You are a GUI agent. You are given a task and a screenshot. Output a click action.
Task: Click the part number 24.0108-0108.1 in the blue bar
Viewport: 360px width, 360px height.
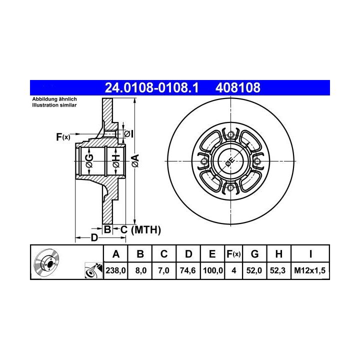pos(151,87)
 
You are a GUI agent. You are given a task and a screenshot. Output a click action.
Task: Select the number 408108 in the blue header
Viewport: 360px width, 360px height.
pos(238,87)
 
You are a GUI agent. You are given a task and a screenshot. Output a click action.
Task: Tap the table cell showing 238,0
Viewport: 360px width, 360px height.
pos(115,270)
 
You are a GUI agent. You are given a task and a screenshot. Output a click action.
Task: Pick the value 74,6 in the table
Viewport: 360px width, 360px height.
pos(188,270)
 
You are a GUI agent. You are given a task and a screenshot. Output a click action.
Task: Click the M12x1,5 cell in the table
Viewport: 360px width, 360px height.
pos(309,270)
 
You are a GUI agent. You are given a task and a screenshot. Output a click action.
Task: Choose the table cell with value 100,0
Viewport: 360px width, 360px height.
pos(212,270)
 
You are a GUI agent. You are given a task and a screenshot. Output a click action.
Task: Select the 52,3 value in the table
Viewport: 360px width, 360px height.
pos(277,270)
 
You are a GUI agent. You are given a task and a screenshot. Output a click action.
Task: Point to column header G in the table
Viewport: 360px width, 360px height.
pos(254,254)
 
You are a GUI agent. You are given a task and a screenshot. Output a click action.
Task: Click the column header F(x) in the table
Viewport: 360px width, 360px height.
pos(233,254)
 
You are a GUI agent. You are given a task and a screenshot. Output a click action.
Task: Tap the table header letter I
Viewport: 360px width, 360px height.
pos(310,254)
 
